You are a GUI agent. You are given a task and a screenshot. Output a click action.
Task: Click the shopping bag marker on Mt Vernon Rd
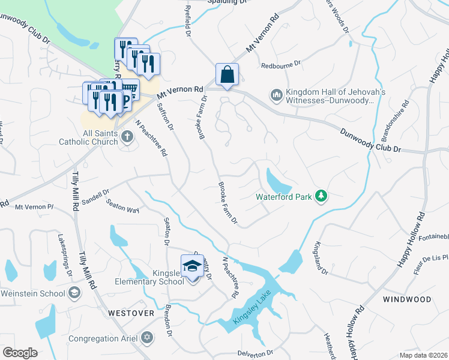pos(228,75)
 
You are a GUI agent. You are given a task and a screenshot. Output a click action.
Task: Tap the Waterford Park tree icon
pos(322,195)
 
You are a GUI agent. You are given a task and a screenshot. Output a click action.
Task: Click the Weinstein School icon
pos(74,293)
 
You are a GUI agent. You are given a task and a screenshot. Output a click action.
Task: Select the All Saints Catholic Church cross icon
pos(127,137)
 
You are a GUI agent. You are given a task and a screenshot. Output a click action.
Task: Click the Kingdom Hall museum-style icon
pos(276,95)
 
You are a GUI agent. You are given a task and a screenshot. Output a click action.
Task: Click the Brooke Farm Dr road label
pos(228,204)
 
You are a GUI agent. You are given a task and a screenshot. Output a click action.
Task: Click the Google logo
pos(20,353)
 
